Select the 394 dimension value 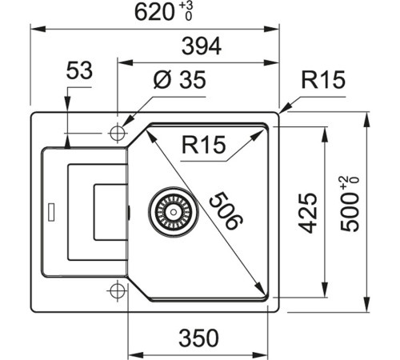200,47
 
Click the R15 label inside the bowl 204,146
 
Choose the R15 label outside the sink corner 322,80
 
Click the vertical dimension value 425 311,212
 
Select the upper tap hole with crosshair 118,131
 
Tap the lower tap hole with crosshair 118,290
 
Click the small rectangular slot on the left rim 52,212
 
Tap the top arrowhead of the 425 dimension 324,129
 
